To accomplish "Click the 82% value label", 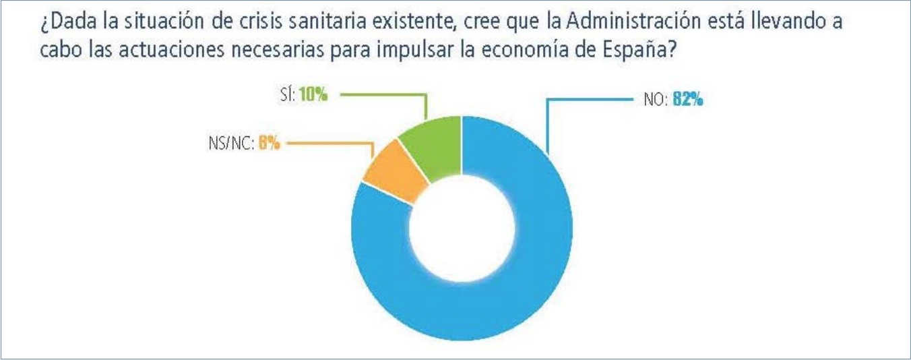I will tap(687, 100).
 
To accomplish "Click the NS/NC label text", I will tap(230, 144).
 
